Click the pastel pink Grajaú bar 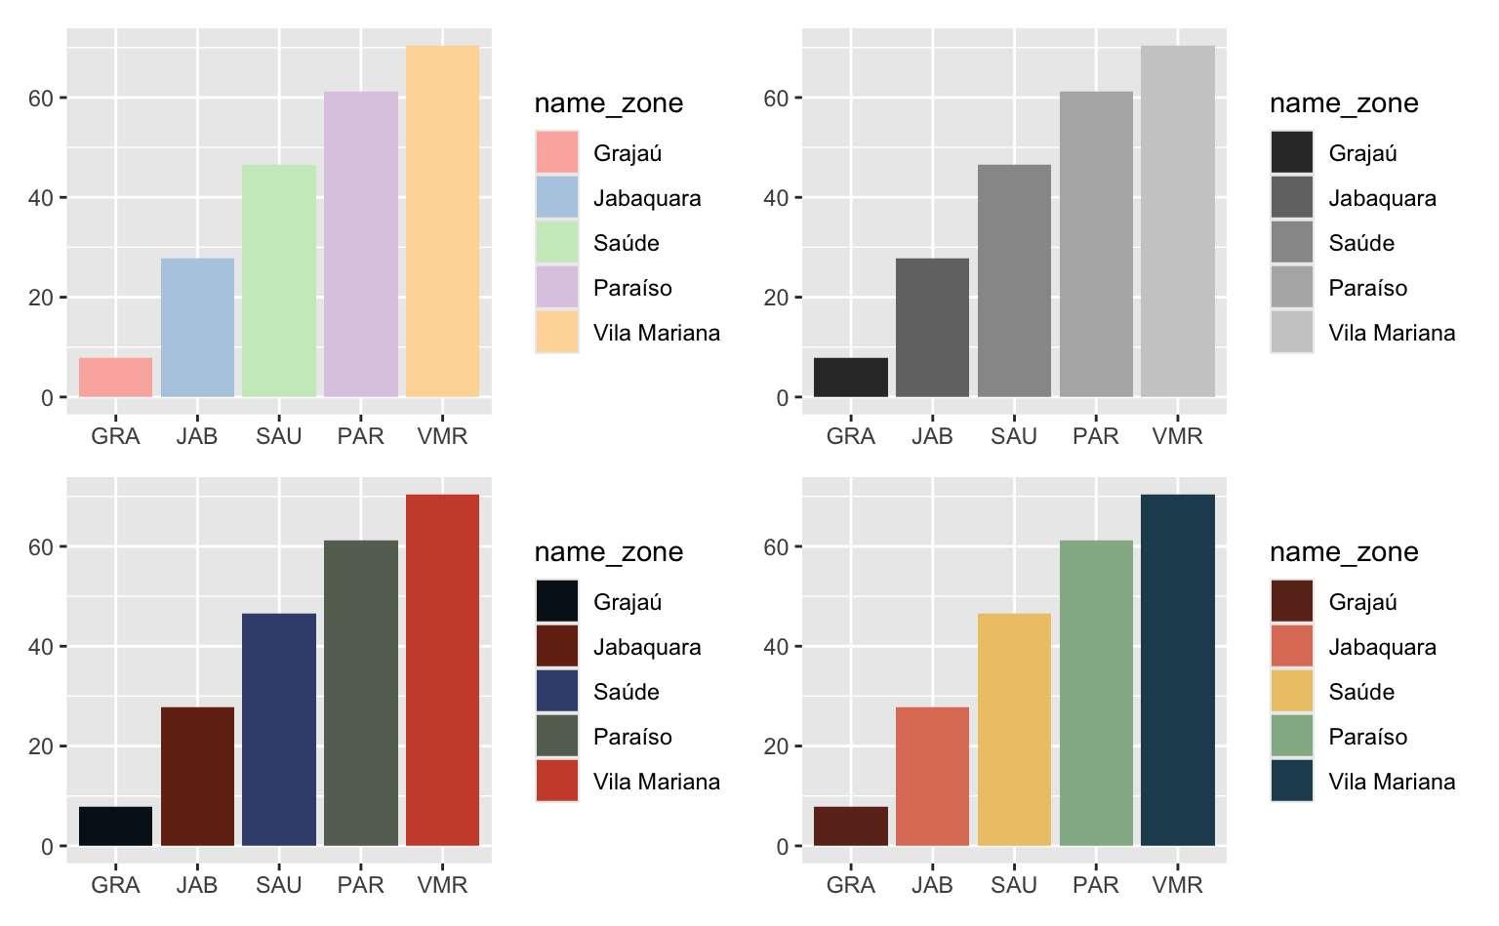point(115,378)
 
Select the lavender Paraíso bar point(361,244)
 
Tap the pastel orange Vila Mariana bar point(442,221)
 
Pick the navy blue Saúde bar point(279,729)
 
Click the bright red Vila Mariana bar point(442,670)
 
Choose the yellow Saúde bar point(1014,729)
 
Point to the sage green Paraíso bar point(1096,693)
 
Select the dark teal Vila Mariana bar point(1178,670)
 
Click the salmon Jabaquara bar point(932,776)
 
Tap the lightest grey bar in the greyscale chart point(1178,221)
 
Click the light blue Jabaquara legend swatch point(557,198)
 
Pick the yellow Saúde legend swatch point(1292,692)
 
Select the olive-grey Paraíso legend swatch point(557,737)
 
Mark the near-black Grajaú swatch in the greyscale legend point(1292,153)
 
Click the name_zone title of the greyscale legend point(1344,103)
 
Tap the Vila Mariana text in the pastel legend point(657,333)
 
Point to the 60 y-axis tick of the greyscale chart point(776,98)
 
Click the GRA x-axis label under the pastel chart point(115,436)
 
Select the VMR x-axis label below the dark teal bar point(1178,885)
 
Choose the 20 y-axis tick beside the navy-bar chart point(41,746)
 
